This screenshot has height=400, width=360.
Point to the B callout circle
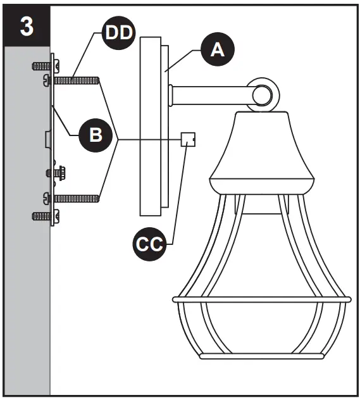(95, 135)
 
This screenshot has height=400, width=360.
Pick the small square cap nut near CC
(187, 139)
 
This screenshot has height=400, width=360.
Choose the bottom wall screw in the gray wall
(42, 216)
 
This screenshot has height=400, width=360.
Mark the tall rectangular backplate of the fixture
(152, 127)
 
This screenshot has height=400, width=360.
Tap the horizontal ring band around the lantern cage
(260, 297)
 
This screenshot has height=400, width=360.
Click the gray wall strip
(25, 253)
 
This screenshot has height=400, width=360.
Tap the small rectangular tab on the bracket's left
(47, 136)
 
